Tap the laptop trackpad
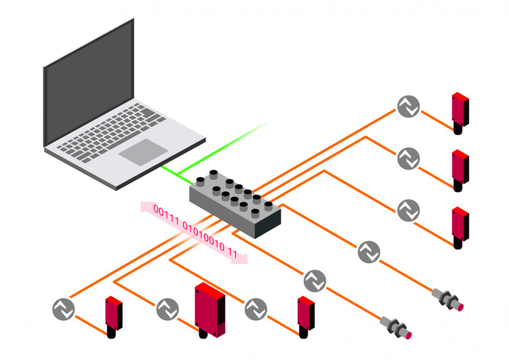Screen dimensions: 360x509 [142, 152]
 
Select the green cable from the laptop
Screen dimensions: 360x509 [175, 174]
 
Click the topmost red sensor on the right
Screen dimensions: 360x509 [460, 110]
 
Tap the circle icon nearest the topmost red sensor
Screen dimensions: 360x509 [408, 106]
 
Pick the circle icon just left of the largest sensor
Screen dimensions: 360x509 [167, 309]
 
